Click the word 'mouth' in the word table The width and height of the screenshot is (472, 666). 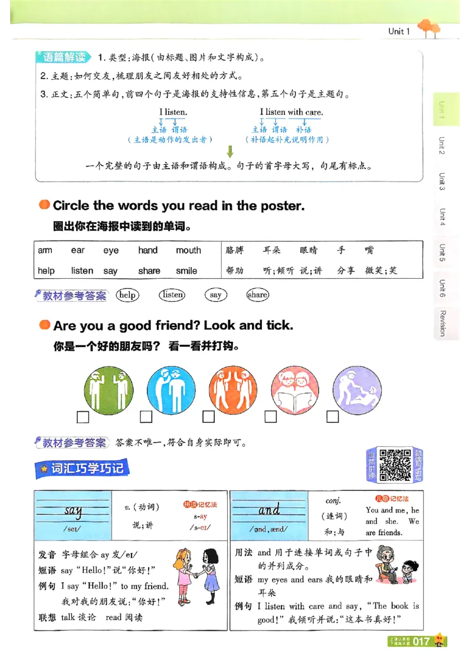(188, 250)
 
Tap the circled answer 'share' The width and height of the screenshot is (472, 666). (258, 295)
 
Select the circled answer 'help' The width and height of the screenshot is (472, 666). (127, 295)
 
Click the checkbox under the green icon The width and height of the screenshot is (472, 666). (83, 417)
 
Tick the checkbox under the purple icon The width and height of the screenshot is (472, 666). (333, 417)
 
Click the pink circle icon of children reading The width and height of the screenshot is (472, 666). (294, 390)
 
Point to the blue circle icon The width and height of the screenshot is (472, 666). (171, 390)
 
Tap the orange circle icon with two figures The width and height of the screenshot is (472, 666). (232, 390)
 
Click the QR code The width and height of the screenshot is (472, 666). (395, 465)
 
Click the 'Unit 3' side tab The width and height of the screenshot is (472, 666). (442, 182)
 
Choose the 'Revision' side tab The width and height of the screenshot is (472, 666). (442, 322)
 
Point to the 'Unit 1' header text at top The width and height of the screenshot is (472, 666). (399, 31)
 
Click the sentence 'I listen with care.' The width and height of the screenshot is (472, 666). (291, 112)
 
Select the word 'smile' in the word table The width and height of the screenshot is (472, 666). (186, 271)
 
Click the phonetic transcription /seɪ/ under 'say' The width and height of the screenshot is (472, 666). (73, 529)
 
